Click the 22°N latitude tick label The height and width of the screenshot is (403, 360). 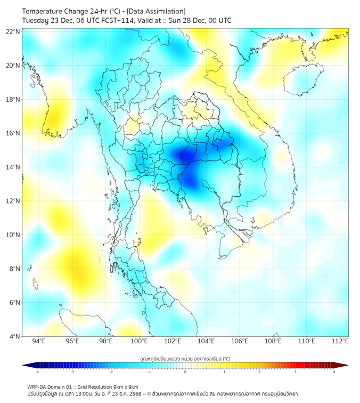(13, 31)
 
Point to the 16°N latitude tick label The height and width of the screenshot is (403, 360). (13, 133)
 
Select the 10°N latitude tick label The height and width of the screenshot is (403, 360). (13, 235)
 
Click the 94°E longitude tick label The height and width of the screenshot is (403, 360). (39, 341)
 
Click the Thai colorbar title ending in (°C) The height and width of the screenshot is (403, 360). (185, 358)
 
